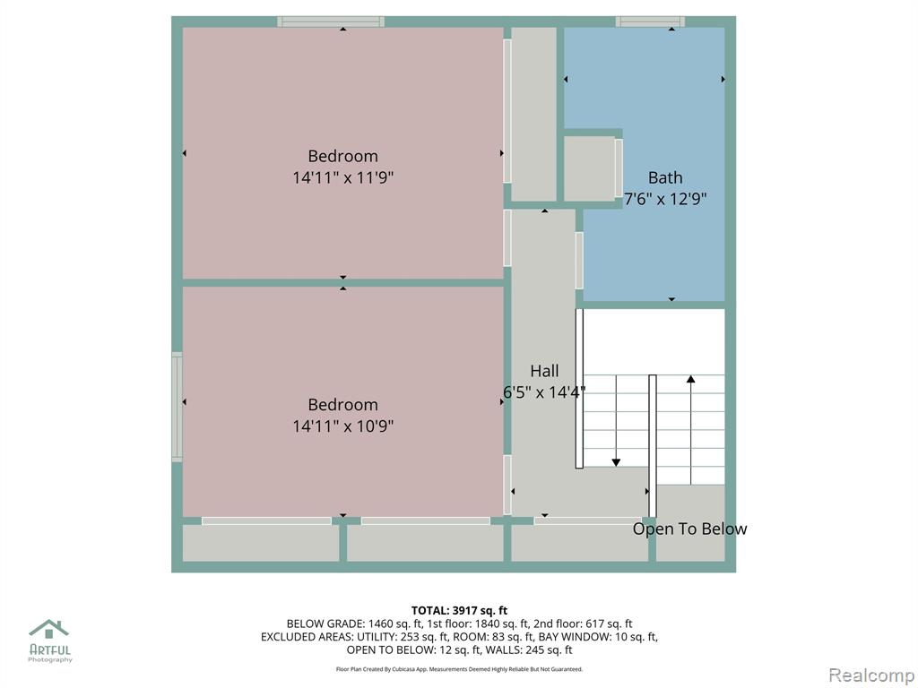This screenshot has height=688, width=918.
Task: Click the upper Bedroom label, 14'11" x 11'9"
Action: (x=343, y=167)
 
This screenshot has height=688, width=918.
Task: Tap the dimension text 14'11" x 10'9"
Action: (x=343, y=426)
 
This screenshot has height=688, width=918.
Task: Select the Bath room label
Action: (x=665, y=177)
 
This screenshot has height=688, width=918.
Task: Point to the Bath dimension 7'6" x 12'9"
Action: (x=665, y=199)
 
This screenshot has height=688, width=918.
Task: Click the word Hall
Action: (x=544, y=371)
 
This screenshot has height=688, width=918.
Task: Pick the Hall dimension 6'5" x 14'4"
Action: (x=544, y=392)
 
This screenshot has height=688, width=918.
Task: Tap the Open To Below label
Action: (x=689, y=529)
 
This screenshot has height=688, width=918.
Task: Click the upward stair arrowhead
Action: (x=691, y=379)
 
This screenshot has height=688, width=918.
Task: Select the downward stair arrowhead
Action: (x=616, y=462)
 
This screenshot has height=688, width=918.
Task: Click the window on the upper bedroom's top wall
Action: (x=331, y=21)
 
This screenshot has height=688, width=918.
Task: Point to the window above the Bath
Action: (x=650, y=21)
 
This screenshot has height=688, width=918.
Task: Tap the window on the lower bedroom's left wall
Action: (x=177, y=408)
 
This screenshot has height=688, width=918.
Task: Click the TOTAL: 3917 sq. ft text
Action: (x=459, y=611)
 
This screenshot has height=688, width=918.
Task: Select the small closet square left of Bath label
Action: (x=589, y=168)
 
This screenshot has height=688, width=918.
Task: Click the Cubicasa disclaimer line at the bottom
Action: (x=459, y=668)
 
